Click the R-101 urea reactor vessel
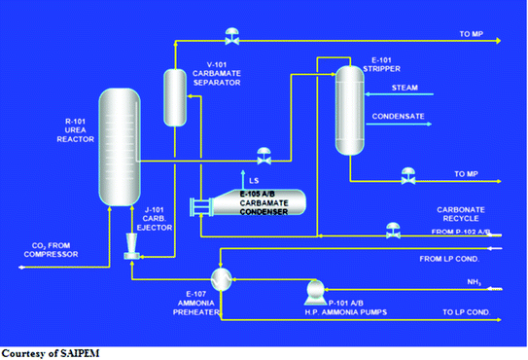[121, 145]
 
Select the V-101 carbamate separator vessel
[174, 97]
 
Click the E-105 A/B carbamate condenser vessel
[254, 202]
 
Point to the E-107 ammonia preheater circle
[221, 279]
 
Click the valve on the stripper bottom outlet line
[406, 177]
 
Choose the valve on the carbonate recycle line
[393, 230]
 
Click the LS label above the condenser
[254, 180]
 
